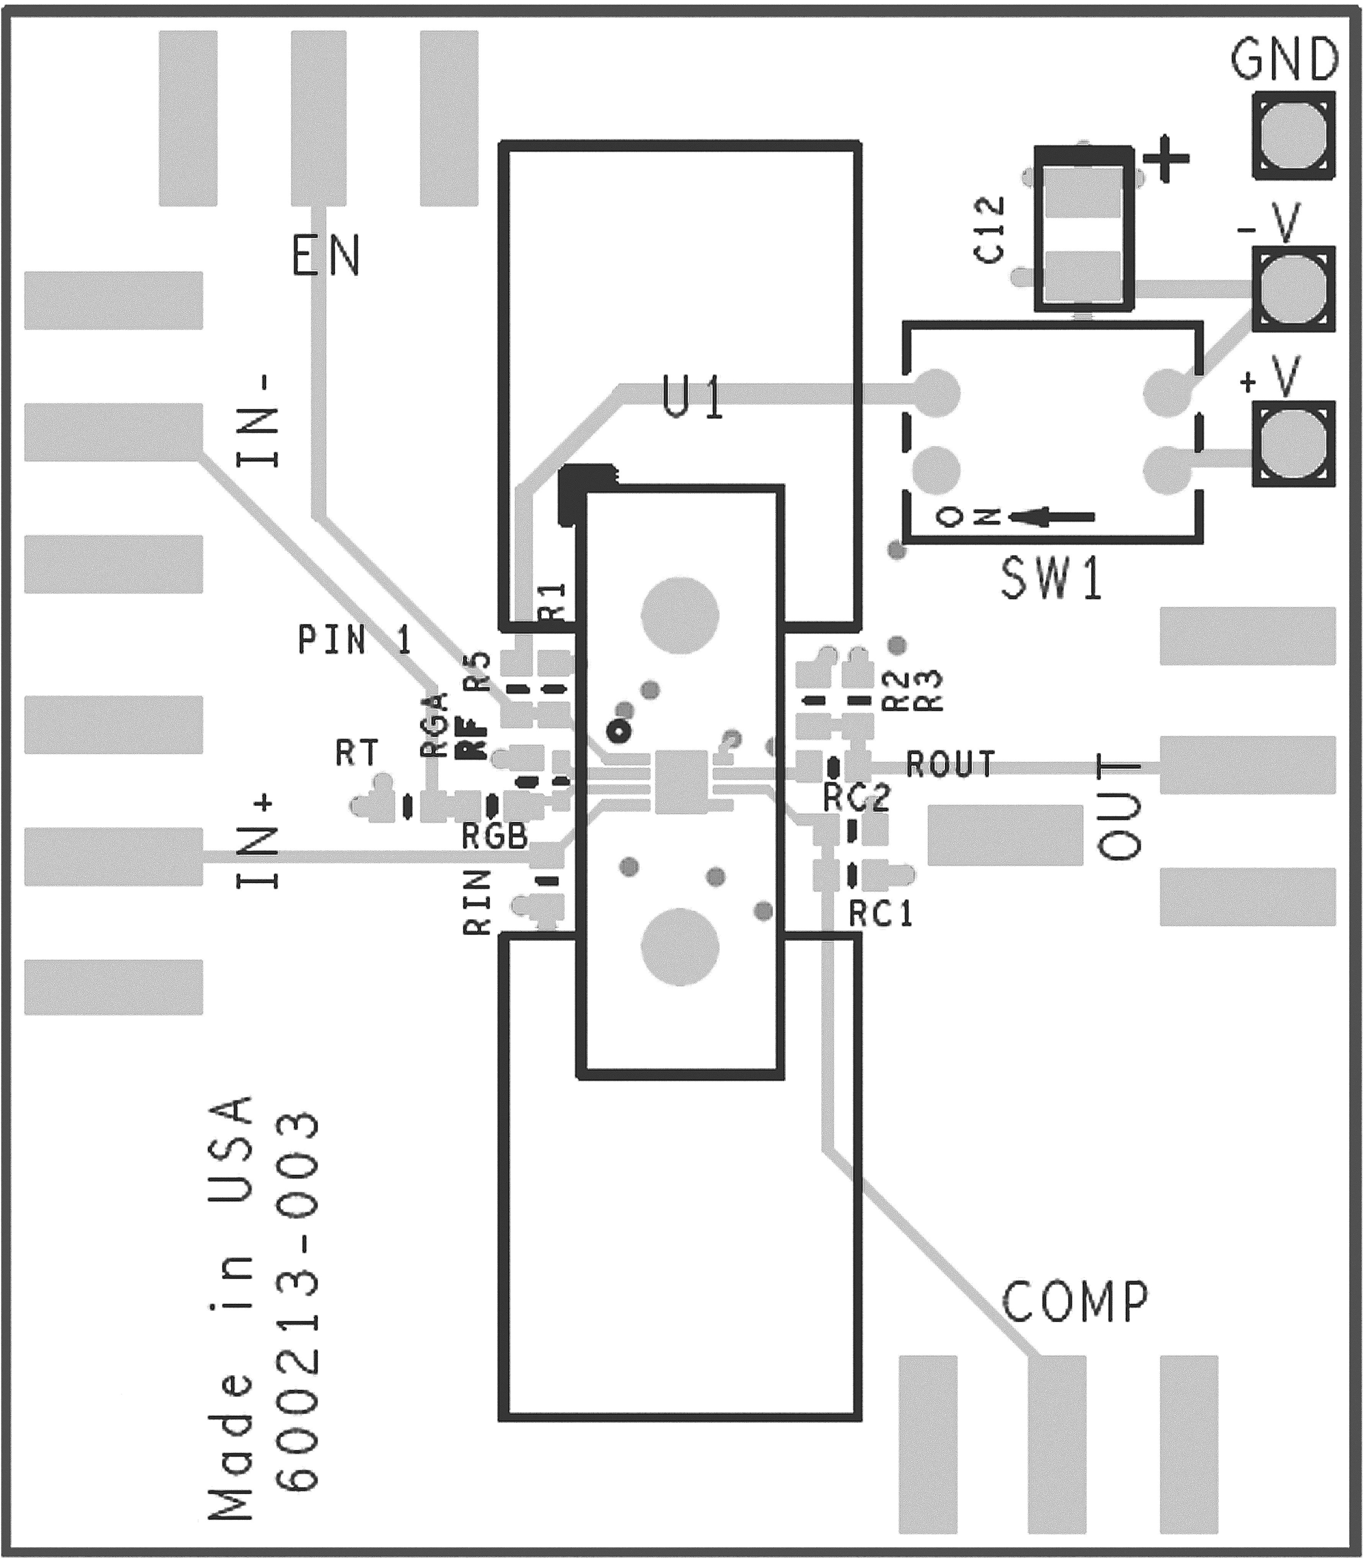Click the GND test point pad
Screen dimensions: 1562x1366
click(x=1294, y=136)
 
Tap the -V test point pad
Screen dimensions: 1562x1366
click(x=1294, y=289)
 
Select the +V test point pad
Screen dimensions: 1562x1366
click(x=1294, y=443)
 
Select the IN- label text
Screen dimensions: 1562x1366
click(x=258, y=421)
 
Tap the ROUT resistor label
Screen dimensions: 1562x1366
click(x=951, y=764)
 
